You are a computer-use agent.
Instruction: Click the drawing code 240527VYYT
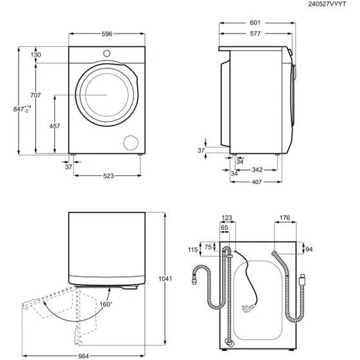[332, 5]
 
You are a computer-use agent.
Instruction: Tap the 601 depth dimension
[255, 23]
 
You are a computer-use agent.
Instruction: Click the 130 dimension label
[35, 55]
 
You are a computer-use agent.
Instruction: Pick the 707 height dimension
[35, 95]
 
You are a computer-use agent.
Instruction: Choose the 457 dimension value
[55, 126]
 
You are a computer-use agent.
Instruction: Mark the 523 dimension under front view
[107, 176]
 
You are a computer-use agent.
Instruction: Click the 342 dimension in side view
[256, 170]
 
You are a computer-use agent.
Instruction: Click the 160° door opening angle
[105, 304]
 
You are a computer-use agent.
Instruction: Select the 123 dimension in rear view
[226, 218]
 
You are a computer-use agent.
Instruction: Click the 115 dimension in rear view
[193, 251]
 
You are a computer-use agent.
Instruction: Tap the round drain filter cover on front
[131, 143]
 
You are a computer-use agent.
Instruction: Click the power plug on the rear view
[245, 308]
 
